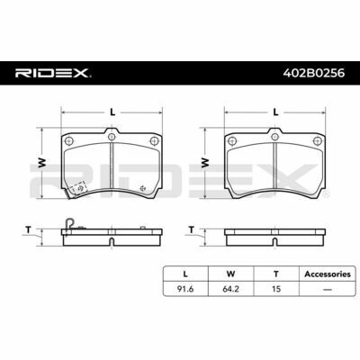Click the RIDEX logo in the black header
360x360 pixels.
pyautogui.click(x=53, y=73)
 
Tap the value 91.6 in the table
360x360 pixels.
pyautogui.click(x=185, y=289)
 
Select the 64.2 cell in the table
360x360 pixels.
pyautogui.click(x=231, y=289)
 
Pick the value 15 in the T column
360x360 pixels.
pyautogui.click(x=276, y=289)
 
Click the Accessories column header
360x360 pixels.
pyautogui.click(x=328, y=274)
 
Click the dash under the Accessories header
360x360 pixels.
pyautogui.click(x=328, y=290)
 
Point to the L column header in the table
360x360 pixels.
pyautogui.click(x=185, y=274)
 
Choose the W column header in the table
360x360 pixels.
pyautogui.click(x=231, y=274)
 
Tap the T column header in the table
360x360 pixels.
pyautogui.click(x=276, y=274)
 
